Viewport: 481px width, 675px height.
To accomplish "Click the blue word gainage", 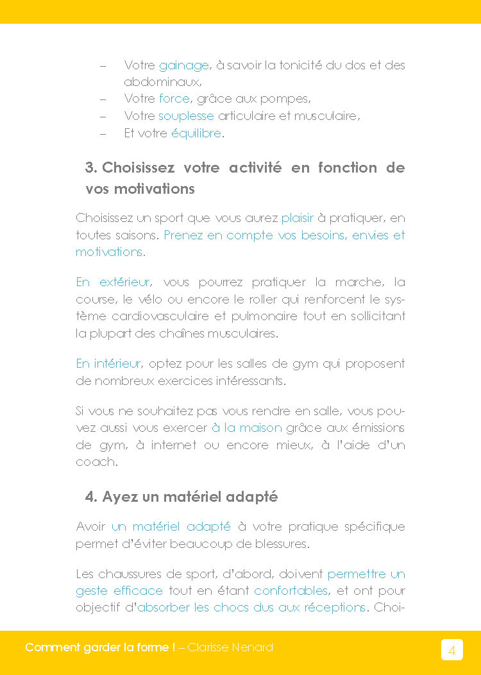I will point(183,65).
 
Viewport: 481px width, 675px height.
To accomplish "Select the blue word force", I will point(174,99).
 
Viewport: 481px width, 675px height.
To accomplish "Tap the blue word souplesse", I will point(186,116).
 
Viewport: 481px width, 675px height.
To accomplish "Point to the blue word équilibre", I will point(196,133).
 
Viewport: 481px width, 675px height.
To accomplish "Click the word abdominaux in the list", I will point(162,82).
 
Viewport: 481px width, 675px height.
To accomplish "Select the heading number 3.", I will point(90,168).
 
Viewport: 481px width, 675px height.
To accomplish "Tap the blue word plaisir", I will point(298,218).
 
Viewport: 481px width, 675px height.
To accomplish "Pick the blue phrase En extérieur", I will point(113,282).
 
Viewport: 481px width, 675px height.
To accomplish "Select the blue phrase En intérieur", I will point(108,364).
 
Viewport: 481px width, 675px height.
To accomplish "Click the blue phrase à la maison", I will point(246,428).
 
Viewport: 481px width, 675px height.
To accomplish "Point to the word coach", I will point(96,462).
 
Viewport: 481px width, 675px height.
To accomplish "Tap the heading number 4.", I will point(90,497).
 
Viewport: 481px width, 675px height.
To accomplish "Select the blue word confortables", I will point(291,590).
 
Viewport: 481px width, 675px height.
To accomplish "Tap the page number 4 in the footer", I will point(451,650).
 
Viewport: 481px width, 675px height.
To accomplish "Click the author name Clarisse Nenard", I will point(230,647).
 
